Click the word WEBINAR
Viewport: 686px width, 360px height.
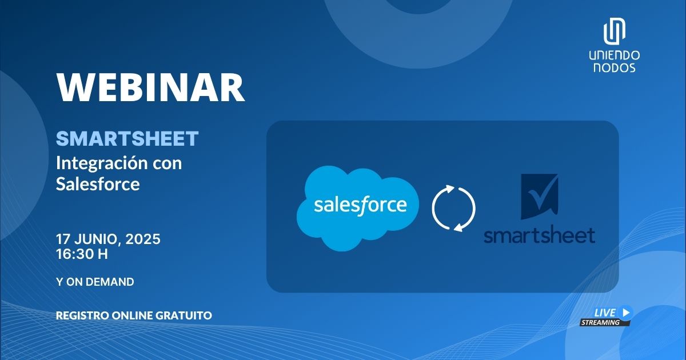coord(150,88)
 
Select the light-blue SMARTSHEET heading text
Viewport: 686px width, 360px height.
coord(127,138)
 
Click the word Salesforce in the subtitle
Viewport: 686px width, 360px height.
coord(98,184)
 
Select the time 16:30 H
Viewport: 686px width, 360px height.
coord(82,254)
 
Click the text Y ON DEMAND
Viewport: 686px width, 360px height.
coord(95,282)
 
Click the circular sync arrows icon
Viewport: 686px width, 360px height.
coord(453,208)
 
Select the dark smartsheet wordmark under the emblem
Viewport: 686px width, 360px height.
coord(539,234)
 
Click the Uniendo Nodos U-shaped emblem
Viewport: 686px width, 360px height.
coord(615,32)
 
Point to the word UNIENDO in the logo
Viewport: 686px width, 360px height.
coord(615,55)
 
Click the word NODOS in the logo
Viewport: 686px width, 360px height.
coord(615,67)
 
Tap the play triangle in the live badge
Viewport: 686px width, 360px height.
coord(627,312)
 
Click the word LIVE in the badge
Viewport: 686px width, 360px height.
coord(605,313)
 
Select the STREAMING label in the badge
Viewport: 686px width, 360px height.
coord(600,322)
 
